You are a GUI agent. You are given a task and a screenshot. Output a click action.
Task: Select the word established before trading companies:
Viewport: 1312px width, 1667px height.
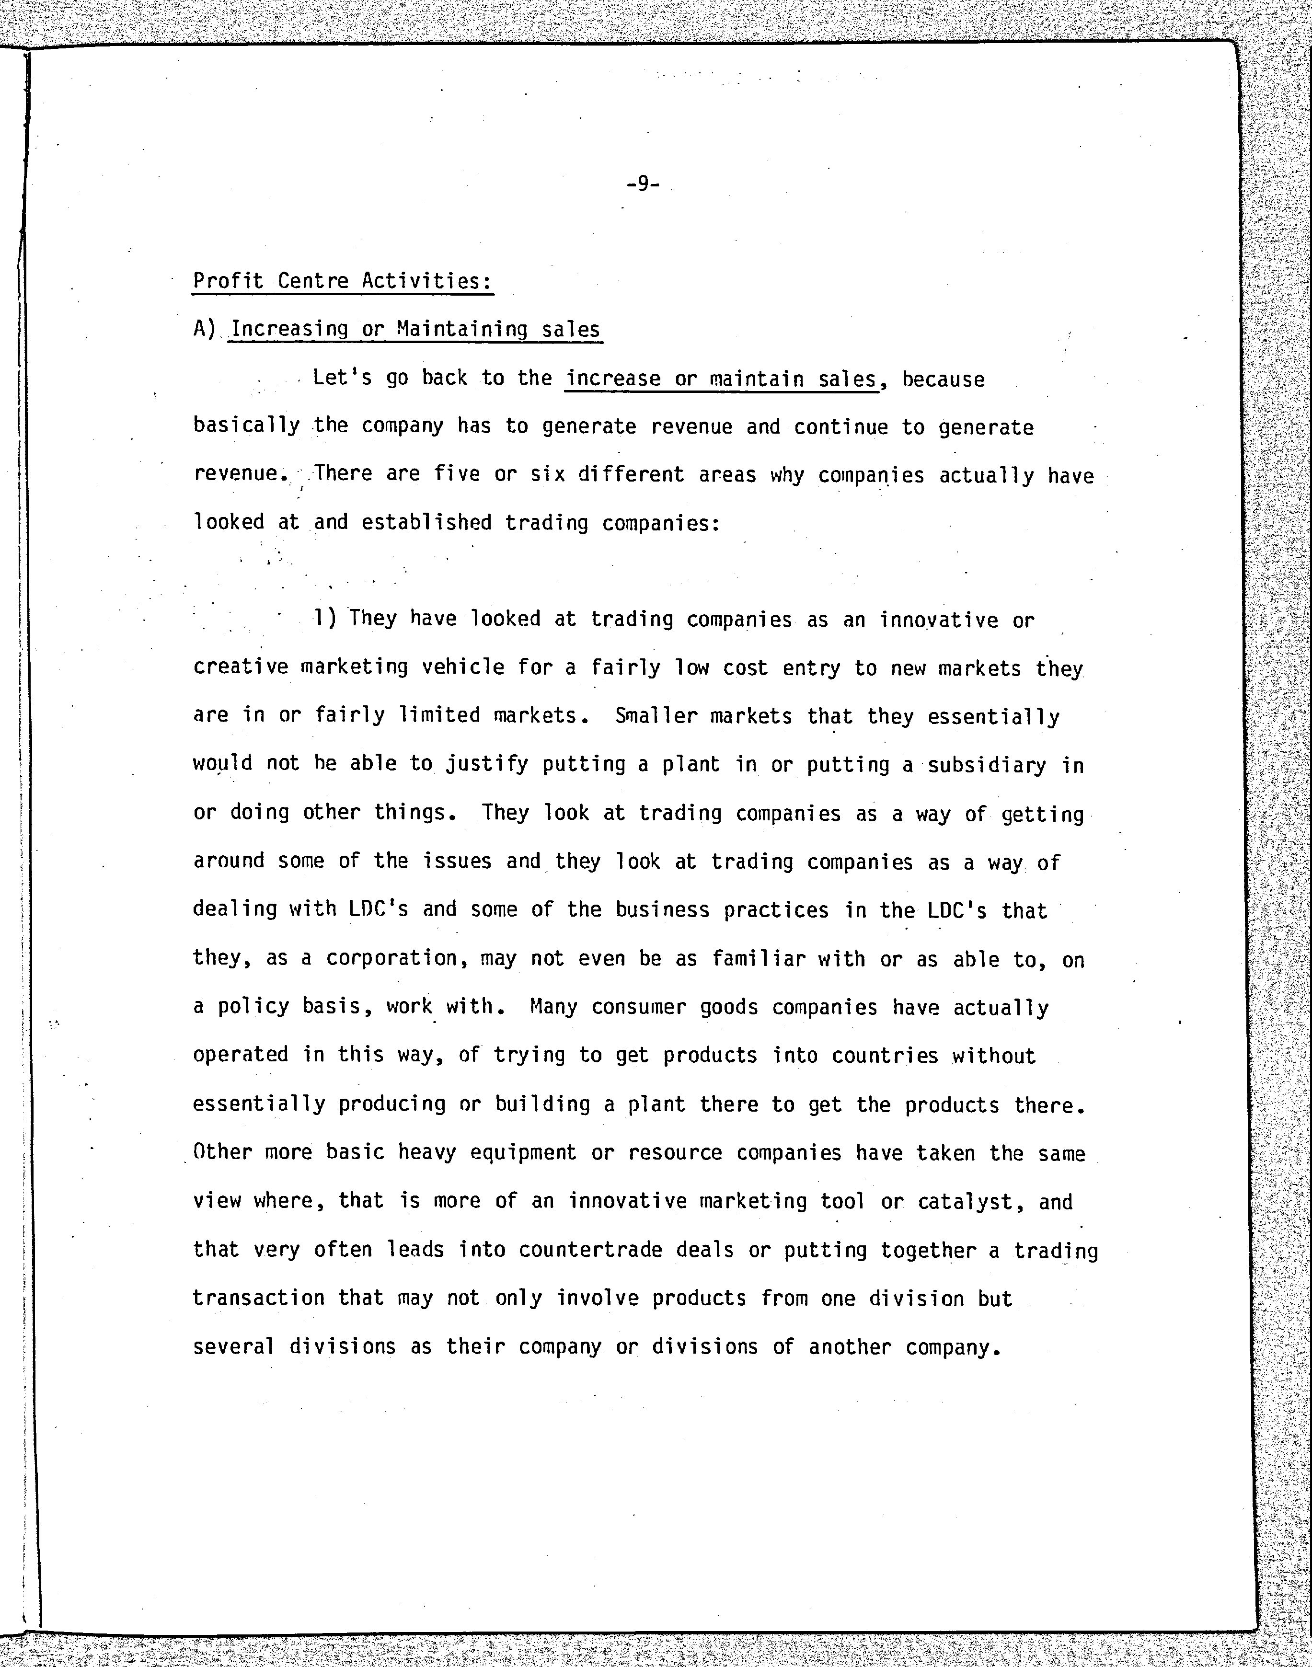(426, 522)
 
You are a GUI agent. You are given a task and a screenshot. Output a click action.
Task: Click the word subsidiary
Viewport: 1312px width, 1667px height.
(986, 765)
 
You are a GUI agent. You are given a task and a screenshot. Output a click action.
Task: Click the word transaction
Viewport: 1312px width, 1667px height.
(258, 1298)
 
